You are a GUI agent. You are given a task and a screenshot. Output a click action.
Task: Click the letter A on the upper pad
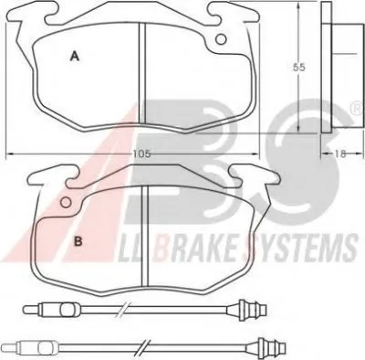click(75, 57)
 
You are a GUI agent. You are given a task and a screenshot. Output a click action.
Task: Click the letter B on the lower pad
click(78, 241)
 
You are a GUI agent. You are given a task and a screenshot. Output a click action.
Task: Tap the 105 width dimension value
click(141, 154)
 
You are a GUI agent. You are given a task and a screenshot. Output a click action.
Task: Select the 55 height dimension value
click(298, 68)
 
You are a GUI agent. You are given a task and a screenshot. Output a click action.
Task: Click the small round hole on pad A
click(221, 39)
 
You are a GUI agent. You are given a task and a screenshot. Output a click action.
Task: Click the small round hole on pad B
click(66, 202)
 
